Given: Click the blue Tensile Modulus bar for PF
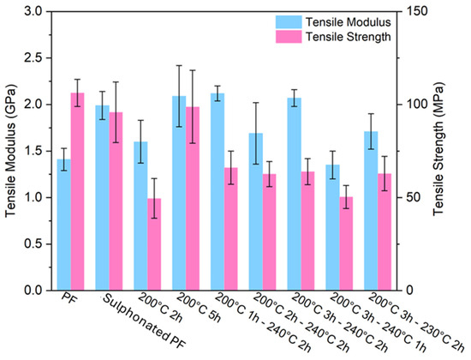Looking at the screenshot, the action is pos(63,225).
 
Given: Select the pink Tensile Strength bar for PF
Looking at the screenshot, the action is pos(77,192).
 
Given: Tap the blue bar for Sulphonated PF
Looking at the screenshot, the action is pos(102,198).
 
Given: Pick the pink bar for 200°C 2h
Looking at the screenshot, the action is pos(154,244).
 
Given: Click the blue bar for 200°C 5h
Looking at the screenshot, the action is pos(179,193).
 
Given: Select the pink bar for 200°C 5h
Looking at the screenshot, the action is pos(193,199).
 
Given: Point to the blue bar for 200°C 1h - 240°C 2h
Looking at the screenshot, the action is pos(218,192).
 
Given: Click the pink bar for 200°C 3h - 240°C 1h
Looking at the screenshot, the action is pos(346,243).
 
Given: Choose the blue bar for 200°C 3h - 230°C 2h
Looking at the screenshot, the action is pos(371,211).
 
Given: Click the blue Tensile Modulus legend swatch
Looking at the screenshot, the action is pos(289,22).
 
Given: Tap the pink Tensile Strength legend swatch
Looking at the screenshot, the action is pos(289,37).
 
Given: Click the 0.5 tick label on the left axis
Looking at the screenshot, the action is pos(33,244).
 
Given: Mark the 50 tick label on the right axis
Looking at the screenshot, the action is pos(413,198).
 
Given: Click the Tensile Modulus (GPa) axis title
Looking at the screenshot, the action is pos(10,150).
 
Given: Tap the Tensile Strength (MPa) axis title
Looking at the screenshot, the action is pos(438,149).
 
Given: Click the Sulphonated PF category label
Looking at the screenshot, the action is pos(144,321).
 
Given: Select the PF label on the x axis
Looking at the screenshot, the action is pos(69,299).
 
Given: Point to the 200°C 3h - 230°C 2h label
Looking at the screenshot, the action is pos(416,322).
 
